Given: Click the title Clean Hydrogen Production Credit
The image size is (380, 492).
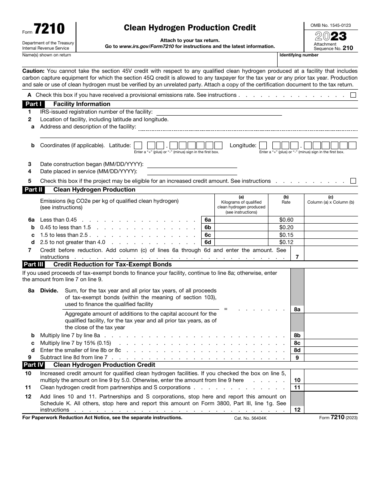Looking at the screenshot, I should tap(190, 28).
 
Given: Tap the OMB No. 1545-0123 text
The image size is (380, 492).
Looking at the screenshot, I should tap(330, 25).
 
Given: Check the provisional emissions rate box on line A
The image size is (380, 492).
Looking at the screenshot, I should tap(353, 95).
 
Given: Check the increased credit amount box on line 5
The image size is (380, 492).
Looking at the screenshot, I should tap(353, 181).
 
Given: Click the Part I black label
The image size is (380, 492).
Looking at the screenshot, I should tap(33, 104).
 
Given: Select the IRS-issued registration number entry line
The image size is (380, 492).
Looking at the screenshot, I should tap(218, 112).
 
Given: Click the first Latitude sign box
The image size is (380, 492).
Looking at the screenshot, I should tap(138, 146).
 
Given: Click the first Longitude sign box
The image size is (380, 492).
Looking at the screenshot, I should tap(263, 146).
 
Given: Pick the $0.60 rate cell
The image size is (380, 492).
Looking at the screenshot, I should tap(286, 220).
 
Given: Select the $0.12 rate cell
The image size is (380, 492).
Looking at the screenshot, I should tap(286, 242).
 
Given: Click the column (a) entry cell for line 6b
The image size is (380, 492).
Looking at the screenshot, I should tap(241, 227).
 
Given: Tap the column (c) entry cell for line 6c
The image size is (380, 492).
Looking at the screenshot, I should tap(331, 235).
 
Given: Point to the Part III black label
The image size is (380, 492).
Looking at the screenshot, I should tap(34, 264).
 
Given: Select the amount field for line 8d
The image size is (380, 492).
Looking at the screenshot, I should tap(331, 350).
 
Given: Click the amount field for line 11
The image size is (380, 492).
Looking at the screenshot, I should tap(331, 387).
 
